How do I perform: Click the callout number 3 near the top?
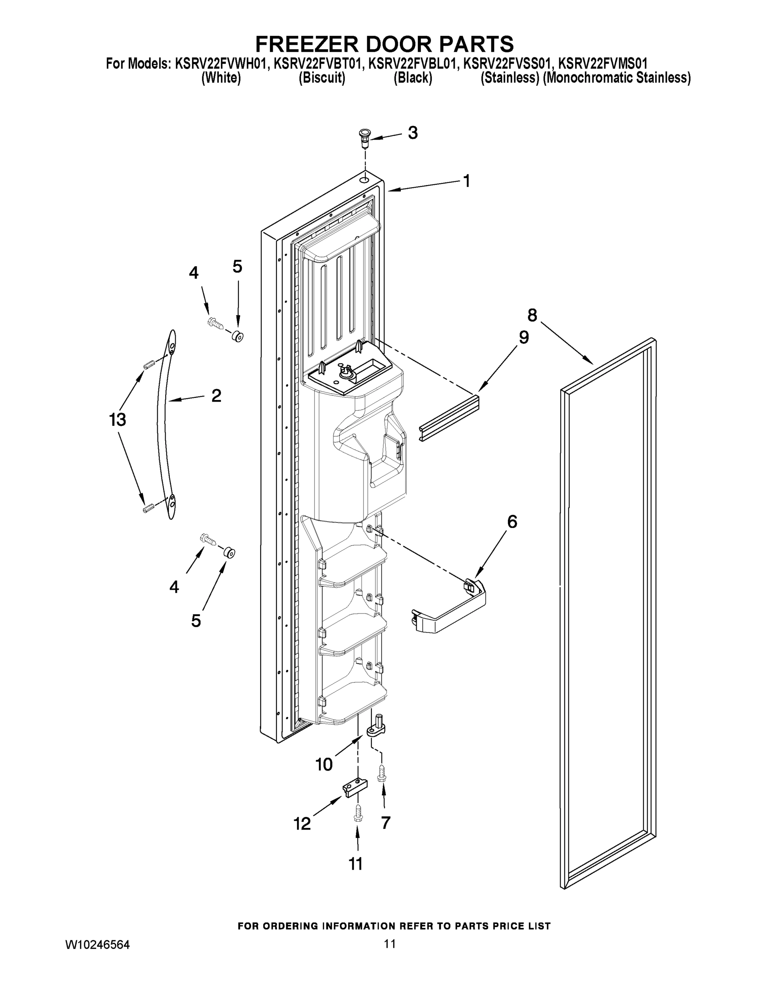pyautogui.click(x=413, y=133)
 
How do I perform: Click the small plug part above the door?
pyautogui.click(x=364, y=138)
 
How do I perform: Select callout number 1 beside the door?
pyautogui.click(x=466, y=181)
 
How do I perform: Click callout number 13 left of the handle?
pyautogui.click(x=117, y=419)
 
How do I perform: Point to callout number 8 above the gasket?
pyautogui.click(x=532, y=316)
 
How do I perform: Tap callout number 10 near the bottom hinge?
pyautogui.click(x=324, y=765)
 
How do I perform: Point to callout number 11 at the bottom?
pyautogui.click(x=355, y=864)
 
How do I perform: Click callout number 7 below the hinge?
pyautogui.click(x=386, y=822)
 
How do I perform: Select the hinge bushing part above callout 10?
pyautogui.click(x=376, y=726)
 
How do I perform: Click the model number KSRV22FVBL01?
pyautogui.click(x=414, y=64)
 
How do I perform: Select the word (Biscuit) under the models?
pyautogui.click(x=322, y=78)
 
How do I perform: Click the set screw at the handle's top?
pyautogui.click(x=148, y=365)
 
